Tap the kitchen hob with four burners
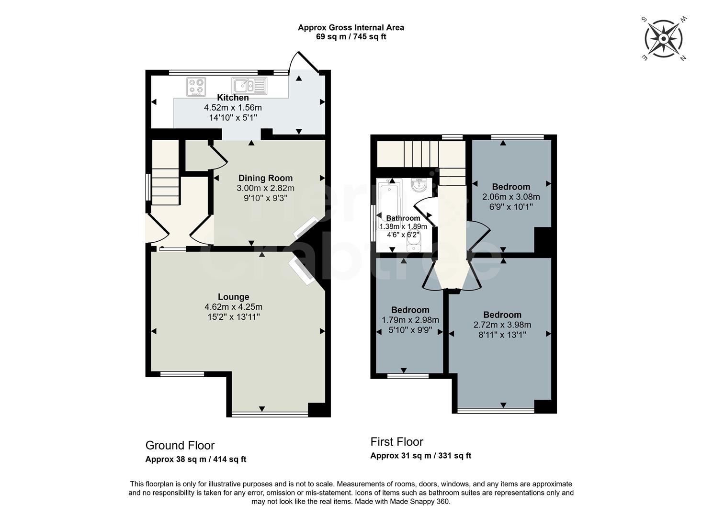pos(196,87)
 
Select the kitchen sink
pos(249,86)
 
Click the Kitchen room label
pos(233,98)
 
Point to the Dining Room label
pos(265,178)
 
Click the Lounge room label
pos(233,297)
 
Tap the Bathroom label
pos(403,218)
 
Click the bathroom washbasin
pos(419,185)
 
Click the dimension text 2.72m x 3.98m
pos(502,325)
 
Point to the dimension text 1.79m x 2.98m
pos(410,320)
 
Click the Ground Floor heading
pos(180,446)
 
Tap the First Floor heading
pos(396,442)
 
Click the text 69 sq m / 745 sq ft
pos(351,37)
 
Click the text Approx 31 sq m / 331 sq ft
pos(420,456)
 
